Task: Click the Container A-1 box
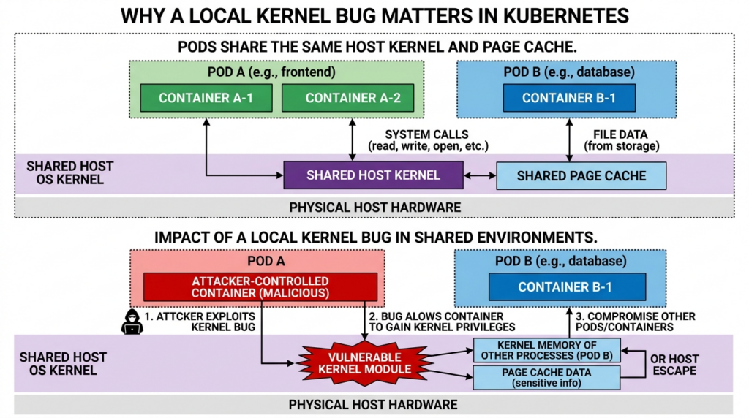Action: [x=206, y=98]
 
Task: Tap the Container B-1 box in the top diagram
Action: [x=568, y=98]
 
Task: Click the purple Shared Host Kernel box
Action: [x=374, y=175]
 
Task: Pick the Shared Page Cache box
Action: [x=581, y=176]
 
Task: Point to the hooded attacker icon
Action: [x=132, y=322]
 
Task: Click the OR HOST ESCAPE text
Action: [x=673, y=365]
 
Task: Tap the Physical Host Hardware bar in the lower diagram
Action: [x=373, y=404]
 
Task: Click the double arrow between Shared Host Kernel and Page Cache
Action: [x=481, y=175]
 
